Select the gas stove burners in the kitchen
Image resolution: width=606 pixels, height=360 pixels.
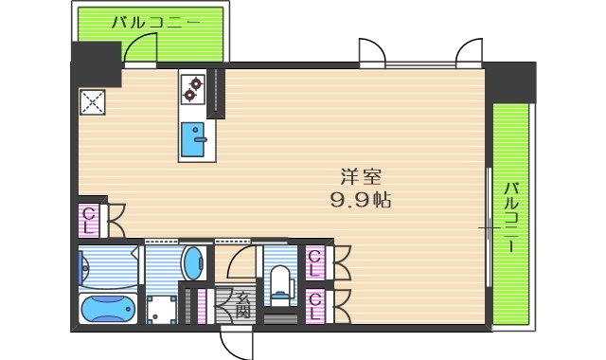point(194,89)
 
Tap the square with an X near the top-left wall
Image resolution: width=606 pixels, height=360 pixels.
point(93,101)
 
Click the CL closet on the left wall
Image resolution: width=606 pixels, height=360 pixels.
point(88,221)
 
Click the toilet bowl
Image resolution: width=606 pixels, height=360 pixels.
point(280,280)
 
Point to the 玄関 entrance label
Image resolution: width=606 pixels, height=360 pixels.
point(242,302)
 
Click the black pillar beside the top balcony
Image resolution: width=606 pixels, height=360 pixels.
point(97,62)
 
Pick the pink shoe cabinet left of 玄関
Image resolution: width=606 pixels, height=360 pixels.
point(203,305)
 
